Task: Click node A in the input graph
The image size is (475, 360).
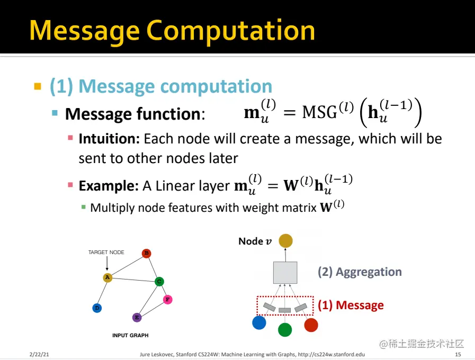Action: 107,277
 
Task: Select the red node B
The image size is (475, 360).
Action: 147,253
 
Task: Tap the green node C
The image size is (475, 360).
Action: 159,282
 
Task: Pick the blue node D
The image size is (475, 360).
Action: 96,308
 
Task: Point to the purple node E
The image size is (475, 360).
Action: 137,318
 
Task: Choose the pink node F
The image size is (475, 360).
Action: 168,300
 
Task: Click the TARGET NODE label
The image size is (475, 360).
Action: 106,253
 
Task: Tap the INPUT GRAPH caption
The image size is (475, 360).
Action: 130,335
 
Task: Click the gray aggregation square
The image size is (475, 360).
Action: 285,272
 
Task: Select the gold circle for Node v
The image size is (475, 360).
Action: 285,241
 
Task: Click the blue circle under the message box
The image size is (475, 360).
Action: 259,322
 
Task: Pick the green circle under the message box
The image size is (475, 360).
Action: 285,330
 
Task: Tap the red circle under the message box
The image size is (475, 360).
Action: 311,325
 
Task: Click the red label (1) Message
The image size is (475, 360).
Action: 351,305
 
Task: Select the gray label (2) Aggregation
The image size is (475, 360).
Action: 360,272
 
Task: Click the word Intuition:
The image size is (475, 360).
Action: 109,139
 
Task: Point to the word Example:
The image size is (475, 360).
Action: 109,186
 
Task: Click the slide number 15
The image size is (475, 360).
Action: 458,354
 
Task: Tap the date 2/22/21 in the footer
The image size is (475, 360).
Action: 39,354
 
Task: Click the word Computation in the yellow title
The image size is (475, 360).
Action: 230,31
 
